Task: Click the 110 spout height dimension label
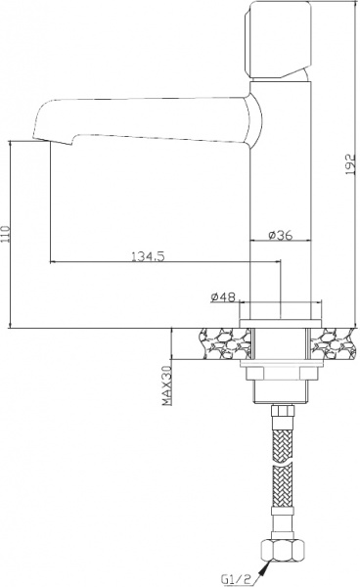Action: click(x=9, y=234)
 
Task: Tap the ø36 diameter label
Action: click(x=281, y=235)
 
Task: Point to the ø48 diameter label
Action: click(x=223, y=296)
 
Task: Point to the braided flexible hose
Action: click(x=283, y=470)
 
